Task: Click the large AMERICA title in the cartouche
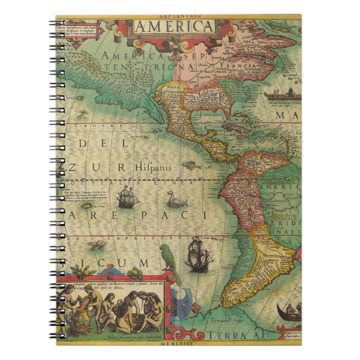tap(174, 26)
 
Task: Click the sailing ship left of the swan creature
tap(127, 198)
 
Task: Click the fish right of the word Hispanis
tap(196, 163)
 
